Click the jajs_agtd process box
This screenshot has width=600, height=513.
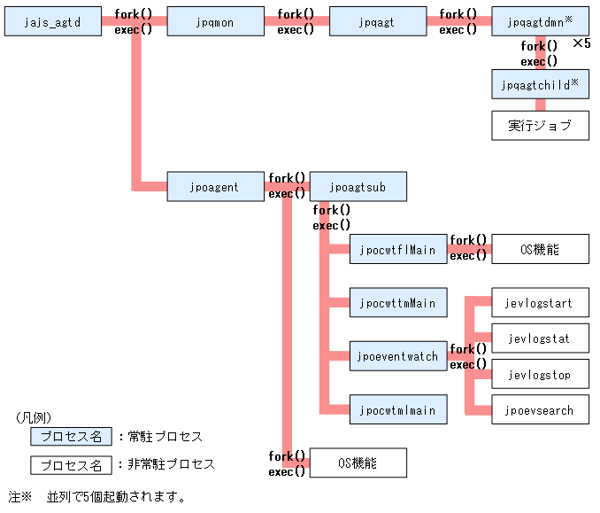(53, 21)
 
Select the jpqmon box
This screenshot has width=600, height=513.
(215, 21)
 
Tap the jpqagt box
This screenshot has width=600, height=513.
(378, 21)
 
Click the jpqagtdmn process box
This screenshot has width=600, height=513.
(540, 21)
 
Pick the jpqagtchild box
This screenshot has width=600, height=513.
(540, 85)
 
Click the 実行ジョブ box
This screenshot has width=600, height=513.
(540, 125)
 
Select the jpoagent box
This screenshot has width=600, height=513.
(215, 187)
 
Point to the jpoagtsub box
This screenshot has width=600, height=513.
(358, 187)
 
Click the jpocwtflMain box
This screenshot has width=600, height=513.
(398, 250)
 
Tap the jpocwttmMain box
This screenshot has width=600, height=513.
(398, 303)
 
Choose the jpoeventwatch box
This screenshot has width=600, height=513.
(398, 356)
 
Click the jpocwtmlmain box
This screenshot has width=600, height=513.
(398, 409)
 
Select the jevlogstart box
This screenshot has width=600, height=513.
(540, 303)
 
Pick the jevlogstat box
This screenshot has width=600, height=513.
(540, 338)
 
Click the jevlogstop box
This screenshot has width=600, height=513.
(540, 375)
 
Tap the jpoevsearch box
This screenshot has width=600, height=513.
(540, 410)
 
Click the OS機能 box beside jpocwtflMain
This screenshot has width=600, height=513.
(540, 250)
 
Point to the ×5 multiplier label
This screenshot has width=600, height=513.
(581, 43)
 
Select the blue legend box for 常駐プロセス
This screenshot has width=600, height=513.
(72, 436)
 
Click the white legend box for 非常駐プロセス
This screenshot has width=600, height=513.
(72, 464)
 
